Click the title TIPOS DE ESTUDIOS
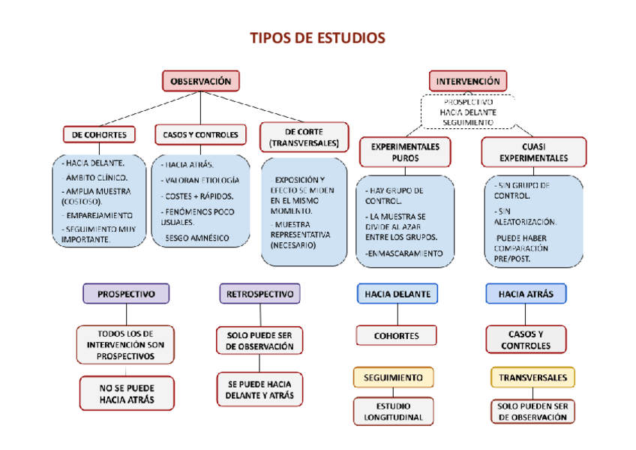317,38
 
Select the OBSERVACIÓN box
201,81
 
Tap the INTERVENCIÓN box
468,81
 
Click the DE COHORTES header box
99,135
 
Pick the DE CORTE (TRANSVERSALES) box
304,137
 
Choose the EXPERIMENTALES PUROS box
405,152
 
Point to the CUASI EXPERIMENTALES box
533,152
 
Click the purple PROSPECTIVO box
126,294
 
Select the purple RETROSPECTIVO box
259,294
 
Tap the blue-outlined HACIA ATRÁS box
526,294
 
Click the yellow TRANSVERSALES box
533,377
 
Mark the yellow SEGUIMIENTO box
393,377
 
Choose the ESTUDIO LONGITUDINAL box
394,412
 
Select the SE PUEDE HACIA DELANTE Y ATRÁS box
259,389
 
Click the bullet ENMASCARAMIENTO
405,253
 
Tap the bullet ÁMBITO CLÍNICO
96,178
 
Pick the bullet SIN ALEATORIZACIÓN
525,217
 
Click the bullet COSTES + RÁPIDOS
198,196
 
